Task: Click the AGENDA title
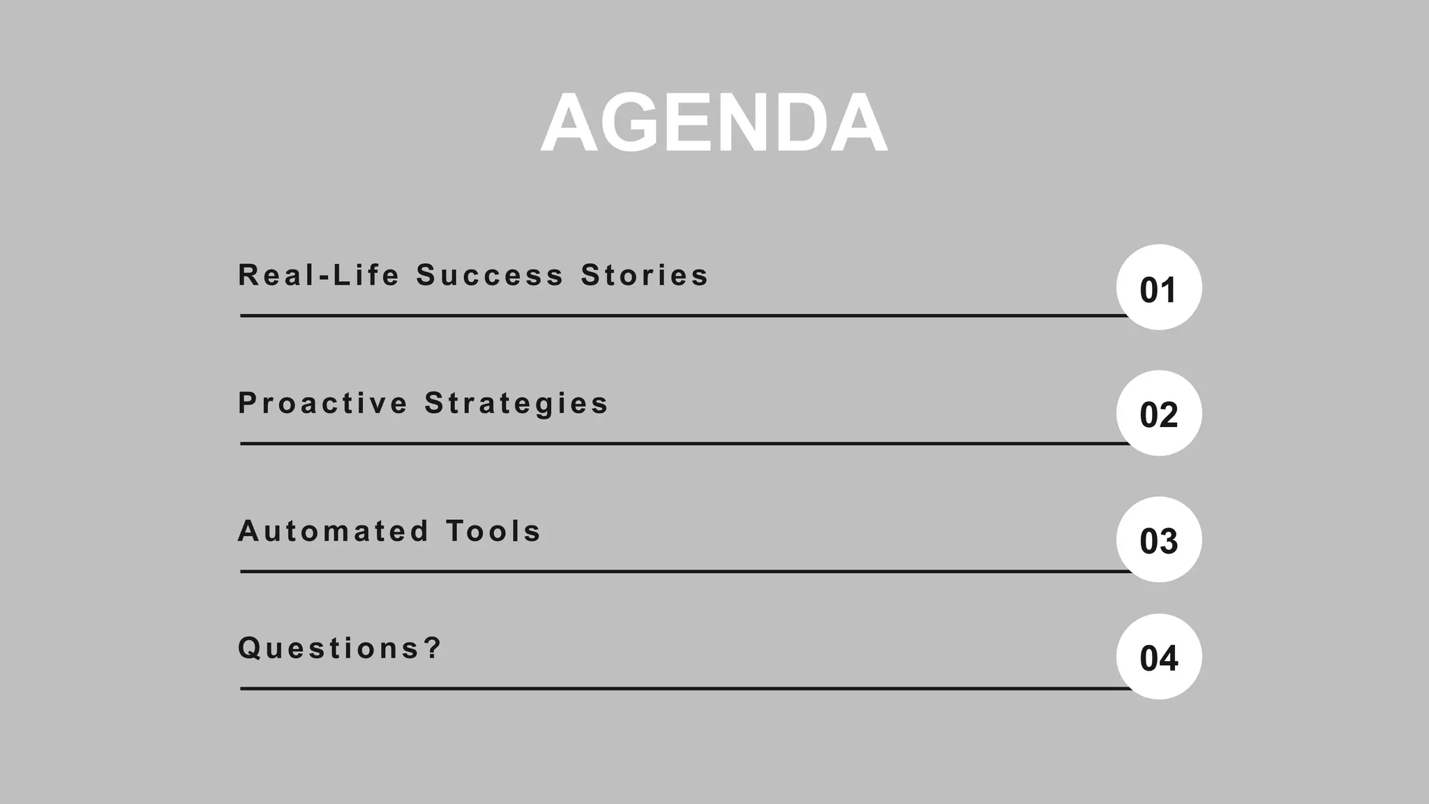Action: tap(714, 124)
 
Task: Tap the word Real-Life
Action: tap(319, 275)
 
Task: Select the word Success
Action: tap(490, 275)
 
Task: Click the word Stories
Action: tap(644, 275)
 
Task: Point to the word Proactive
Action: tap(322, 403)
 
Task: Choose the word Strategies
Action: tap(516, 403)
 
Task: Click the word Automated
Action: tap(333, 531)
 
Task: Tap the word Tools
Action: tap(493, 531)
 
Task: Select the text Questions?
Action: tap(340, 648)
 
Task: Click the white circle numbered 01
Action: tap(1158, 287)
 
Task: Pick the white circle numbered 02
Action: tap(1158, 413)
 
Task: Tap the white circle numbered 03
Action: tap(1158, 539)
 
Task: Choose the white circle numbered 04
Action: tap(1158, 657)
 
